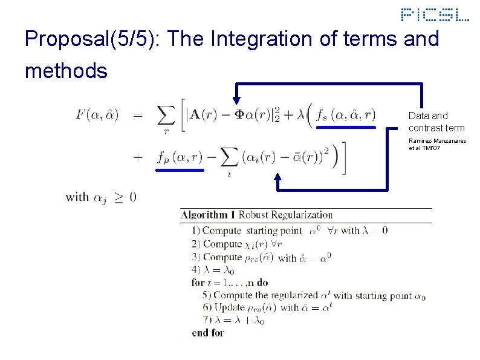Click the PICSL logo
pos(435,15)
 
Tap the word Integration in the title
pos(262,40)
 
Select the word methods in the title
pos(66,71)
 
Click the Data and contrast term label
pos(436,122)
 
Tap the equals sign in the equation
pos(138,114)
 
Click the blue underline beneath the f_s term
pos(346,128)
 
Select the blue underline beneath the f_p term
pos(180,171)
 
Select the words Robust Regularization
pos(285,215)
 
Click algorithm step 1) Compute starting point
pos(251,231)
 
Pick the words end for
pos(207,333)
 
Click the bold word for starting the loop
pos(198,283)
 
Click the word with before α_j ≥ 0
pos(77,197)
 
